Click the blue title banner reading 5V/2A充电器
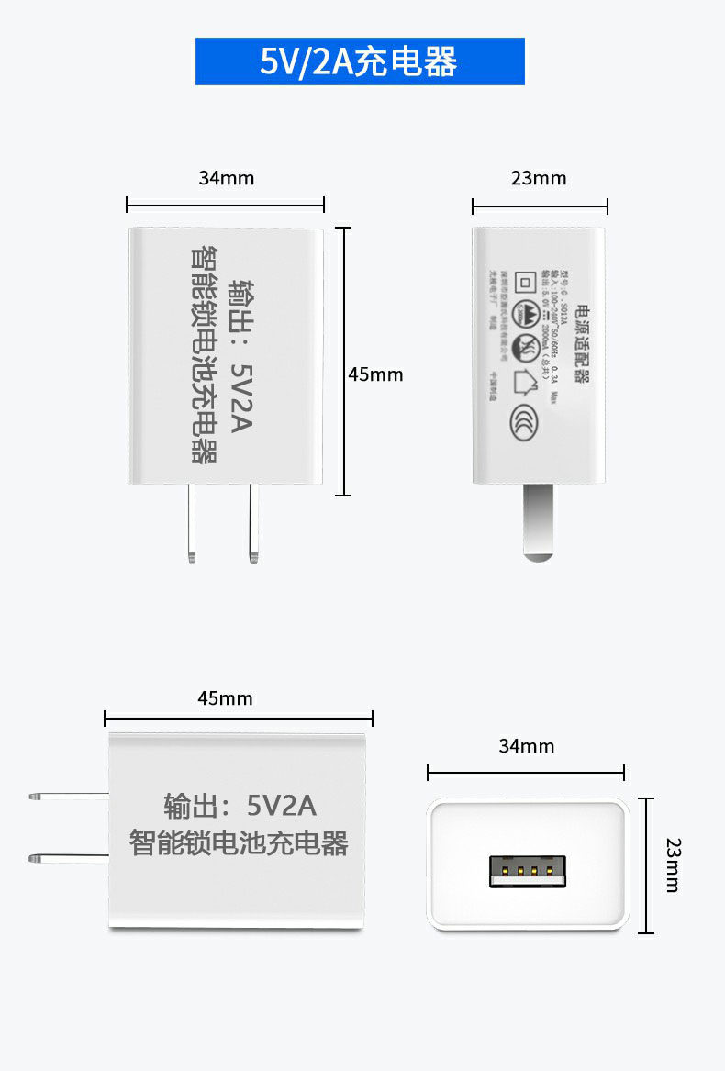click(359, 61)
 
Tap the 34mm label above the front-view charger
click(226, 178)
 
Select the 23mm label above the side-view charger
click(539, 178)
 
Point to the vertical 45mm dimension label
click(375, 374)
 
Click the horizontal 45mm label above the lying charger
click(225, 698)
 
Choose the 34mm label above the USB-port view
click(526, 746)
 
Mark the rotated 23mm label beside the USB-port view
click(674, 865)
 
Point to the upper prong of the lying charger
click(68, 795)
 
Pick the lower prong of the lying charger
click(68, 859)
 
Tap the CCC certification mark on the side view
click(521, 420)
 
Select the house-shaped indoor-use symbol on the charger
click(527, 380)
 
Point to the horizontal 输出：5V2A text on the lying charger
click(240, 806)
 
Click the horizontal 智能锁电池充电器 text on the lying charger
click(240, 842)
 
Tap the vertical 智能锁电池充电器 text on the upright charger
click(204, 353)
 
